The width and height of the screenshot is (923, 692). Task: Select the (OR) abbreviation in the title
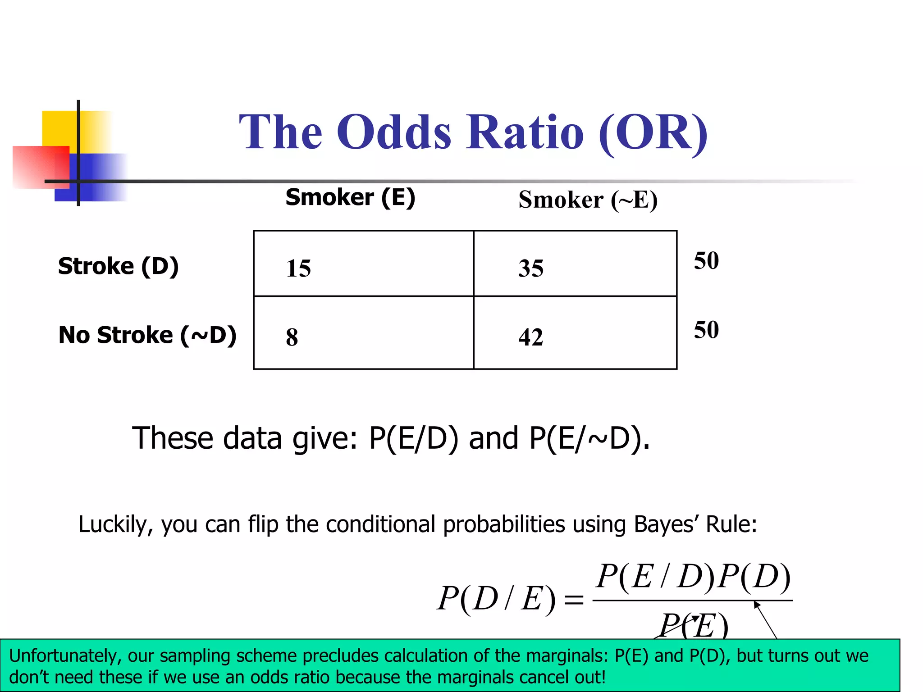click(653, 133)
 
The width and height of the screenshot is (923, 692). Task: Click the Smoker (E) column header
click(350, 197)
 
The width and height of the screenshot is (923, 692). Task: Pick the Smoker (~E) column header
click(588, 200)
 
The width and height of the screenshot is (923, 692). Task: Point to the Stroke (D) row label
click(118, 266)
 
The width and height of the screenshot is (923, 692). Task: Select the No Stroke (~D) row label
click(147, 335)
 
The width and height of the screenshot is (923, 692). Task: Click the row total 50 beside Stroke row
click(706, 261)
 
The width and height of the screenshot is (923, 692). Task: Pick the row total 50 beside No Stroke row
click(706, 330)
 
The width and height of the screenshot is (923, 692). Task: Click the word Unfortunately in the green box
click(65, 656)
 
